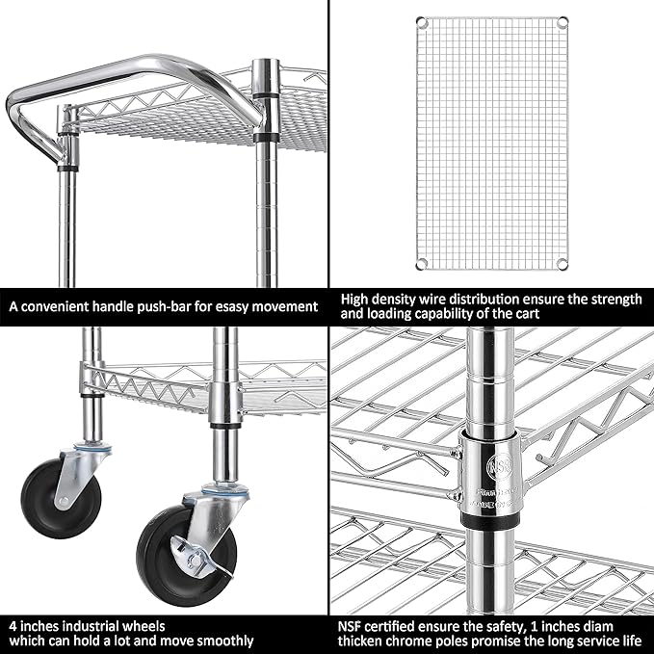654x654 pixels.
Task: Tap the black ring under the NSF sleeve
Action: click(x=489, y=520)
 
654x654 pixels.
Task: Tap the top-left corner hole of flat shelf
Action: click(x=421, y=21)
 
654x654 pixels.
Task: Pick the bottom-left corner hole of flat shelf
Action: click(x=421, y=265)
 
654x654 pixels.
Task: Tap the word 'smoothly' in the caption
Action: click(x=222, y=641)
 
